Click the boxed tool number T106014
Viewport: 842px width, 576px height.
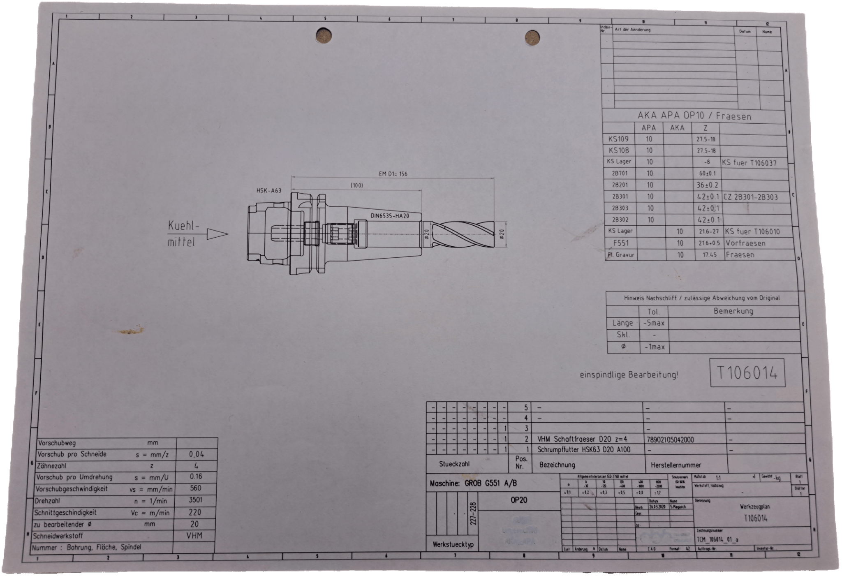[747, 373]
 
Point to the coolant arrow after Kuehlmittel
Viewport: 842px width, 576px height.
[217, 234]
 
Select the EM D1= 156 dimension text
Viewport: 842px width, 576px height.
[393, 174]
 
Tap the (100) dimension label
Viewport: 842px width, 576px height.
[356, 185]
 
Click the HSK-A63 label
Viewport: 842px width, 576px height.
[269, 190]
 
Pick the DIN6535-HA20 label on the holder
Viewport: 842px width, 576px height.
[389, 215]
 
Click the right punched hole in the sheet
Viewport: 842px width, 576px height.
[532, 38]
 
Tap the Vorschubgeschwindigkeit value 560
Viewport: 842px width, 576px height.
[195, 488]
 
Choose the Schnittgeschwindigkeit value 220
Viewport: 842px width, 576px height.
[195, 512]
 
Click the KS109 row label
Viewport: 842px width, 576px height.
[618, 139]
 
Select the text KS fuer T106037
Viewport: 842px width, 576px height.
[749, 163]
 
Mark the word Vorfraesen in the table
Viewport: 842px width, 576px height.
[745, 243]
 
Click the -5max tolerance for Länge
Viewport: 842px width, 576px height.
[654, 323]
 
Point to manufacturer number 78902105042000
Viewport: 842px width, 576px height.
[670, 440]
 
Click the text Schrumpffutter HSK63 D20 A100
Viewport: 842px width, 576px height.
[584, 450]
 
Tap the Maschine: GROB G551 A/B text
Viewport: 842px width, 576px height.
[473, 483]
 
